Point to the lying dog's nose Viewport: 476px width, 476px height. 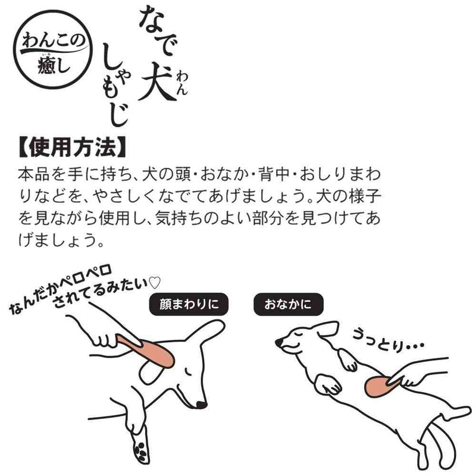[278, 342]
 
